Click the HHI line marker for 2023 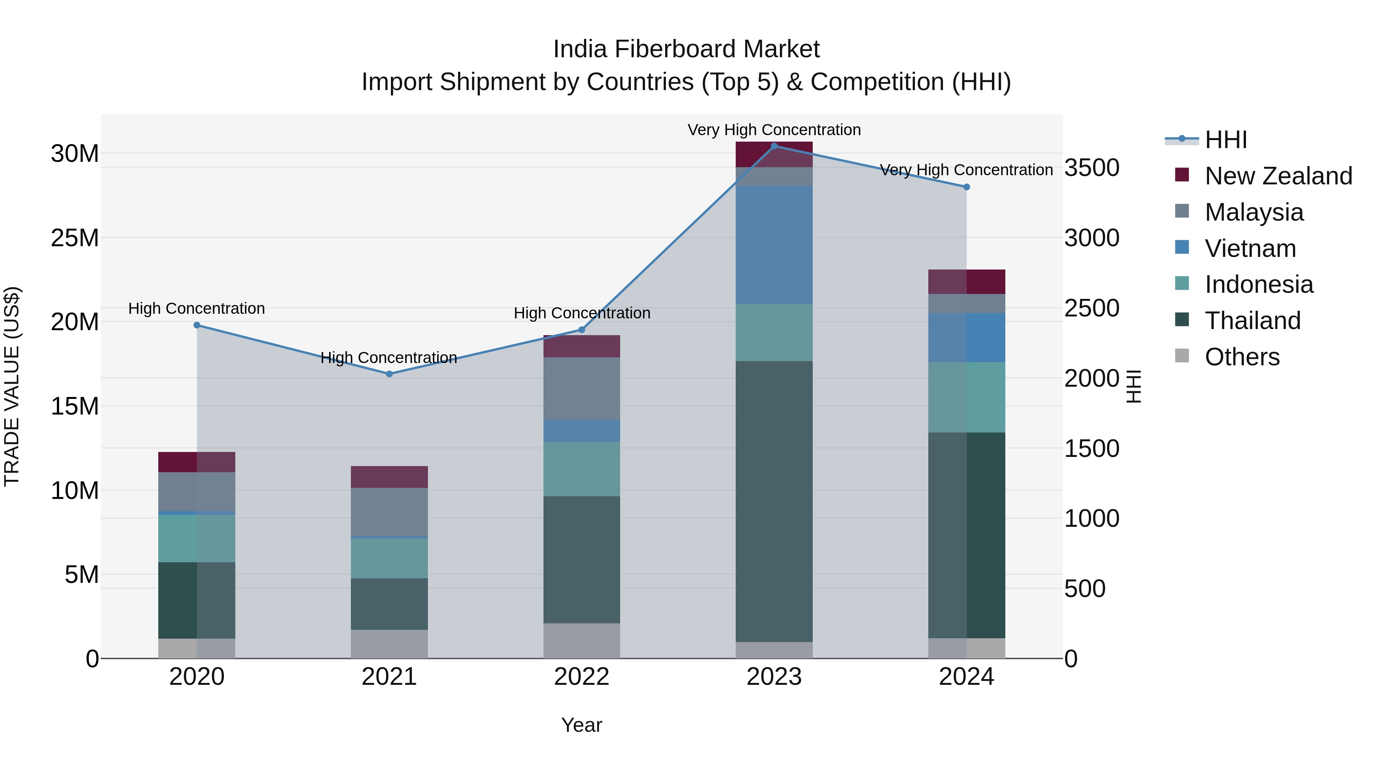pos(774,146)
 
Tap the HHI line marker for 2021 pos(389,374)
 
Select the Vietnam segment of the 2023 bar pos(774,244)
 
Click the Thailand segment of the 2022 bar pos(582,559)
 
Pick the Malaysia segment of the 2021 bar pos(389,511)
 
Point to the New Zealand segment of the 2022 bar pos(582,346)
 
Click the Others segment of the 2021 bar pos(389,644)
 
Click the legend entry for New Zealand pos(1278,176)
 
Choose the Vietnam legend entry pos(1250,248)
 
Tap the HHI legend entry pos(1225,140)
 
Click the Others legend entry pos(1242,357)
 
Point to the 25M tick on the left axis pos(75,237)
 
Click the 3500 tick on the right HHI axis pos(1092,168)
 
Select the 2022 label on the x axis pos(582,676)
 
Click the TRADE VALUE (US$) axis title pos(12,386)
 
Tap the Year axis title pos(582,725)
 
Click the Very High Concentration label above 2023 pos(774,130)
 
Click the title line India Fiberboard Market pos(686,49)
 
